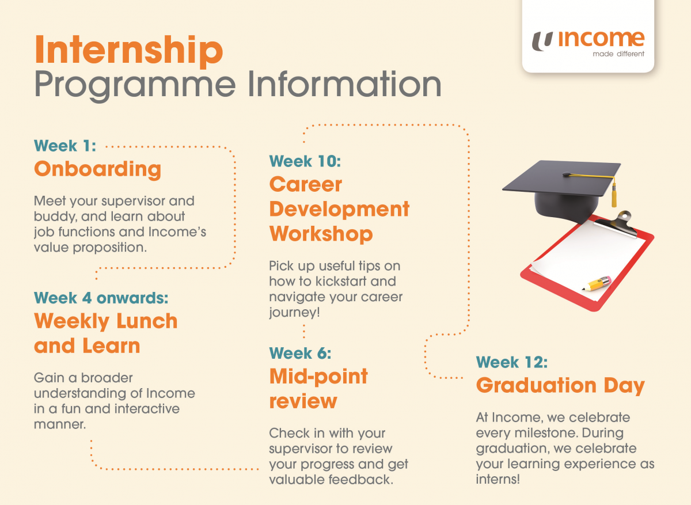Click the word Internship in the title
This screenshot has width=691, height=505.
tap(128, 51)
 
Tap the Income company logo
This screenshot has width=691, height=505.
tap(587, 40)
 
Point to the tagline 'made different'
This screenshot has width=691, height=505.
tap(618, 55)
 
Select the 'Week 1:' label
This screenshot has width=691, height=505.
tap(65, 146)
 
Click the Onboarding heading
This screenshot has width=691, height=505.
tap(97, 169)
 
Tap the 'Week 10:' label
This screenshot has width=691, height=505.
tap(305, 161)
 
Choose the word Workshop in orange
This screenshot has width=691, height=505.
tap(321, 234)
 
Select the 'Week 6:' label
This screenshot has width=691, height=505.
tap(300, 352)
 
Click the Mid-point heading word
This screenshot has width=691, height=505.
tap(318, 377)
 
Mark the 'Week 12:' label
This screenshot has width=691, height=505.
tap(511, 362)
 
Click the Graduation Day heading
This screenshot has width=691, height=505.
tap(560, 385)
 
